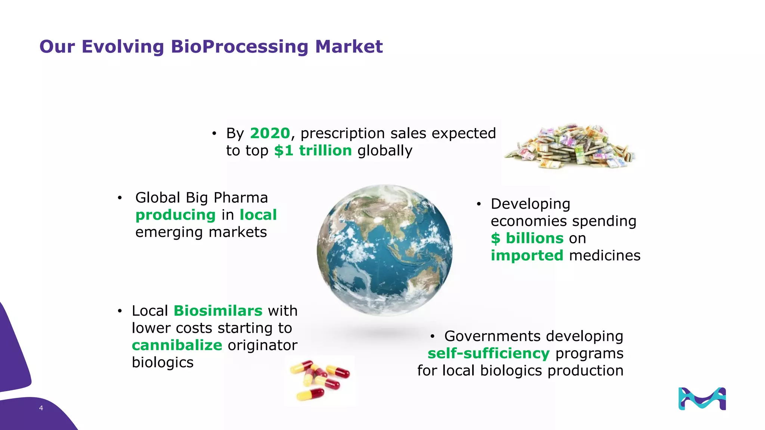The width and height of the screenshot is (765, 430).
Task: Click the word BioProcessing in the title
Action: coord(239,47)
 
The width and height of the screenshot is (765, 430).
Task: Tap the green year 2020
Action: coord(270,133)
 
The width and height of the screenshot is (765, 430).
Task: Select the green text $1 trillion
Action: coord(313,151)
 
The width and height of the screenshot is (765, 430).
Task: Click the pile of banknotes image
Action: coord(570,147)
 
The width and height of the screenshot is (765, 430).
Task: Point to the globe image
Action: coord(384,250)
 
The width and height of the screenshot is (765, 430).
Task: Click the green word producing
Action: coord(176,215)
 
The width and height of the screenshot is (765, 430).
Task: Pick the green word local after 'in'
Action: coord(258,215)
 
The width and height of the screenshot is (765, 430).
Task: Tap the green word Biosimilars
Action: coord(218,311)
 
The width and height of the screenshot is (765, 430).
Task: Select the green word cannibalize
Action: coord(177,345)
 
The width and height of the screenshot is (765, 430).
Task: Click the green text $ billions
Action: coord(527,239)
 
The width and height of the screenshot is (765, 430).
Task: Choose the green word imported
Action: coord(527,256)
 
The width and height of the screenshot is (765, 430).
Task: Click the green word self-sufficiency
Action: coord(489,353)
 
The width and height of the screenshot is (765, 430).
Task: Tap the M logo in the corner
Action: coord(702,399)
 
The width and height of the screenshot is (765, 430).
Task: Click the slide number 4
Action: coord(41,408)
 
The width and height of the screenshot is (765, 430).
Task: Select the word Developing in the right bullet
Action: coord(530,204)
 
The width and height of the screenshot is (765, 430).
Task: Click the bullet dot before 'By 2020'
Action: coord(214,134)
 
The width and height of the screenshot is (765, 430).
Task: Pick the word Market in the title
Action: coord(349,47)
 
